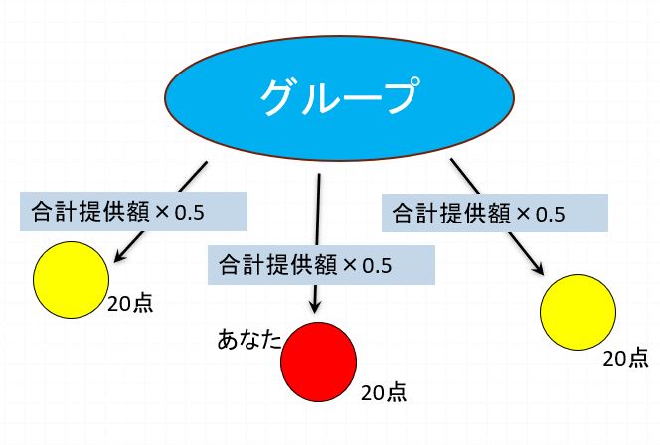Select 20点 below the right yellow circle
tap(626, 358)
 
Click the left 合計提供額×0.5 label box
tap(132, 211)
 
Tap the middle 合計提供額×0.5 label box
tap(320, 265)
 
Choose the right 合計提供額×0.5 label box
tap(493, 213)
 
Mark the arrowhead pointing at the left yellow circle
tap(119, 258)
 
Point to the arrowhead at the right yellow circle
tap(542, 271)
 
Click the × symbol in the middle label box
tap(348, 265)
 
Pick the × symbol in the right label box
tap(519, 213)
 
